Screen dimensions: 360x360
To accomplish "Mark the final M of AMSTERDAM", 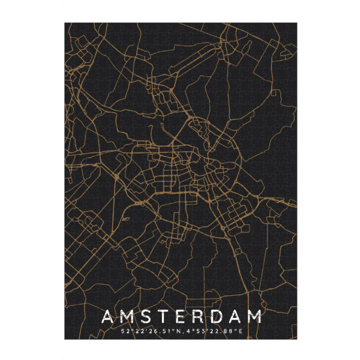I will [x=257, y=316].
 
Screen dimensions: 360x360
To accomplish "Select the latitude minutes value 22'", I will [x=137, y=330].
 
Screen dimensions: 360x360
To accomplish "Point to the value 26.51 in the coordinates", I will [x=154, y=330].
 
